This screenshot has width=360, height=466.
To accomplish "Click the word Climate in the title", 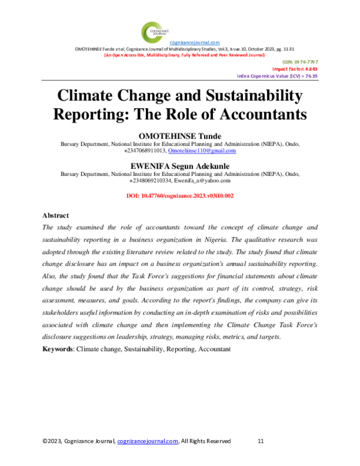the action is click(89, 96).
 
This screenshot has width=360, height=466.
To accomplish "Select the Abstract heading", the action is click(56, 215).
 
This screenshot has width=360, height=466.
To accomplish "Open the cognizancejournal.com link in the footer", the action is click(148, 441).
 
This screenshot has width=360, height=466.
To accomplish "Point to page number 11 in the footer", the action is click(260, 441).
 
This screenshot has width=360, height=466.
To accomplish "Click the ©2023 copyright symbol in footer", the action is click(45, 441).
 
